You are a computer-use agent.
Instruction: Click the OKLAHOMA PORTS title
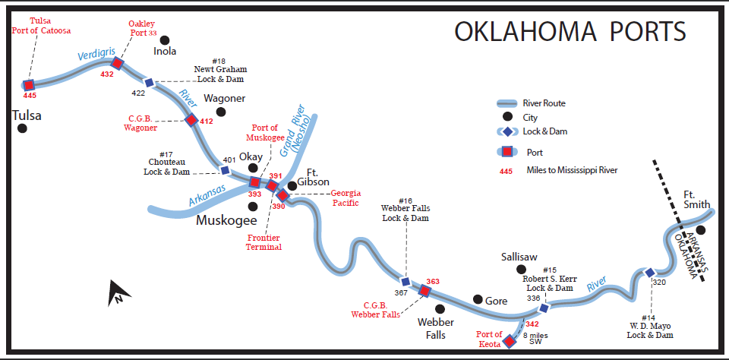[570, 31]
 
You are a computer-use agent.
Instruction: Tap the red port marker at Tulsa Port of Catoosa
[30, 85]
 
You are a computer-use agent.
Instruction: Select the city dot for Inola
[164, 39]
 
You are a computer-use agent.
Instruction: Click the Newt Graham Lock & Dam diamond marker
[149, 82]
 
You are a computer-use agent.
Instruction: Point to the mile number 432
[107, 74]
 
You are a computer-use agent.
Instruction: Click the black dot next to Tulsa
[23, 128]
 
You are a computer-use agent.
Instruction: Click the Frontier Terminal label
[264, 242]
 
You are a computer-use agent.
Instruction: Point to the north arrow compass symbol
[117, 292]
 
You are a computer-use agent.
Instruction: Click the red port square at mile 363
[425, 290]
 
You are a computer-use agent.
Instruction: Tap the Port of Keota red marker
[511, 341]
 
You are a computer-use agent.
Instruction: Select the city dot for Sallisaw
[521, 270]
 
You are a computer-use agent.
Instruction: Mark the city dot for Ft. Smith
[701, 229]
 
